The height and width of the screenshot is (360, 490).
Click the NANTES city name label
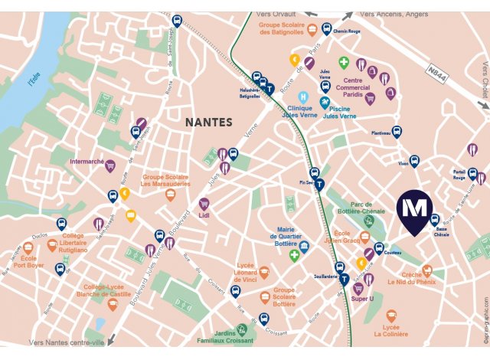209,122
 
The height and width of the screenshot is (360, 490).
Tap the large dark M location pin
415,211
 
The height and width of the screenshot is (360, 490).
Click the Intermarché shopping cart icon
110,165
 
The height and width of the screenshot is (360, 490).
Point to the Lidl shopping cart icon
204,205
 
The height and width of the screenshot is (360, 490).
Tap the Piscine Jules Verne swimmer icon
325,101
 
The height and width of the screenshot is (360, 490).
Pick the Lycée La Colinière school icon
392,316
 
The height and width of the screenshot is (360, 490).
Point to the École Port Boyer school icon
28,247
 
